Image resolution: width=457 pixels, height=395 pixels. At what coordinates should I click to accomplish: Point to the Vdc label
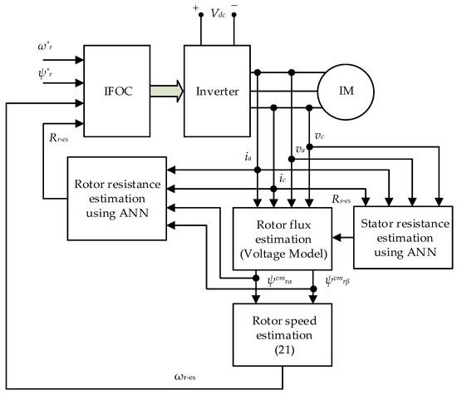[217, 13]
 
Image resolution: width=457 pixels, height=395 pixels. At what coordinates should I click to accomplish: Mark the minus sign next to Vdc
[237, 7]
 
